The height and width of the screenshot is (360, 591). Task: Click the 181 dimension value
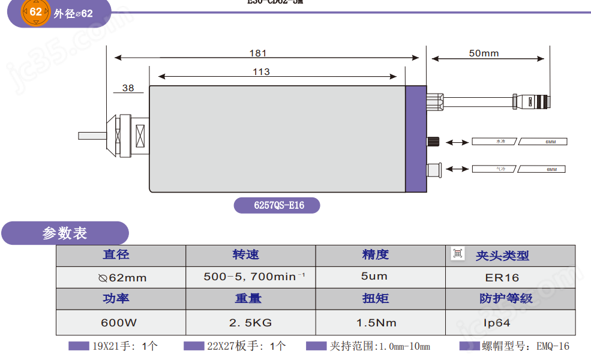(x=258, y=53)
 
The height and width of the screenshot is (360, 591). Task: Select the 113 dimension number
(x=261, y=72)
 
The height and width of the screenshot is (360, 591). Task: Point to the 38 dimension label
(x=128, y=88)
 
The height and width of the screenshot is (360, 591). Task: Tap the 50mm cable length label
(x=484, y=53)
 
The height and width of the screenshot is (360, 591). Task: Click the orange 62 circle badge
(x=36, y=12)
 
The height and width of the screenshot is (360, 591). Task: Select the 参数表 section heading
(x=65, y=233)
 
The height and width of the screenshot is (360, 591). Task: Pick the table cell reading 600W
(x=119, y=323)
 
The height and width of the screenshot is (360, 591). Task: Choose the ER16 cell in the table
(x=502, y=278)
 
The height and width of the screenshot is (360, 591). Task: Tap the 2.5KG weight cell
(x=250, y=323)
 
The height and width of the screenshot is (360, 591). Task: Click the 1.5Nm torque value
(x=376, y=323)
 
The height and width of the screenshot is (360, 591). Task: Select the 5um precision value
(x=374, y=277)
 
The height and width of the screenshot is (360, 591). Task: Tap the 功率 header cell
(x=116, y=299)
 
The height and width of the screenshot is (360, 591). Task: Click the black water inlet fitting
(x=433, y=142)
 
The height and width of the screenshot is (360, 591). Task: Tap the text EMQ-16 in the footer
(x=553, y=346)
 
